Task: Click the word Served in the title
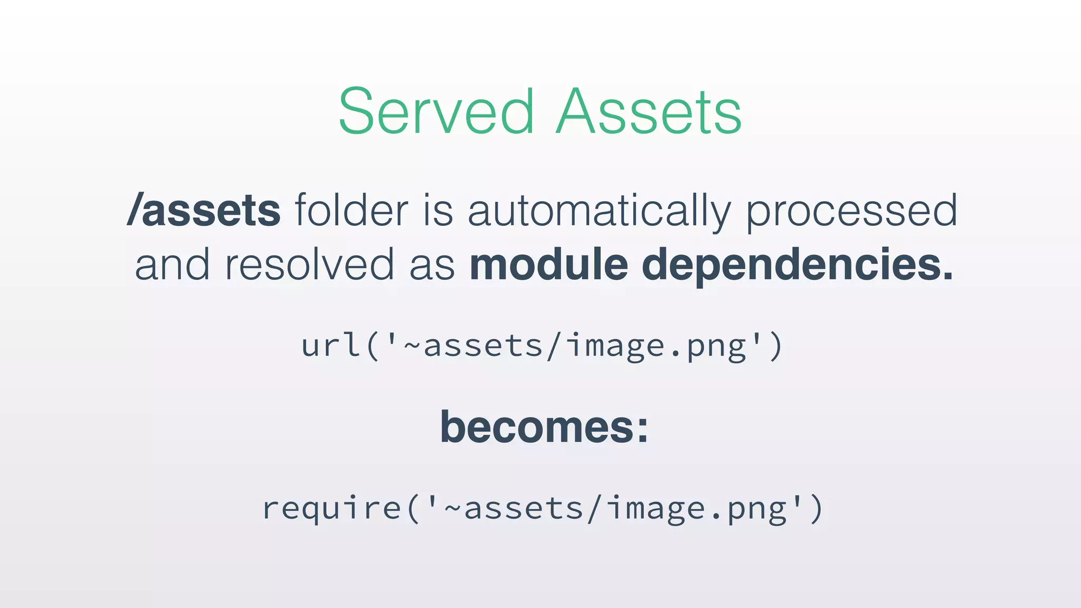tap(436, 111)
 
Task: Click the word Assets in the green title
tap(649, 111)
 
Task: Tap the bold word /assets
tap(204, 210)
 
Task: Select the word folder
tap(352, 210)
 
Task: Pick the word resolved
tap(309, 264)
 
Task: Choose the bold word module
tap(549, 264)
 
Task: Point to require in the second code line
tap(332, 508)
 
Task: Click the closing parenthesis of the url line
tap(775, 346)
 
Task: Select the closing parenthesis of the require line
tap(816, 508)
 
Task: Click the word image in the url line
tap(615, 346)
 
